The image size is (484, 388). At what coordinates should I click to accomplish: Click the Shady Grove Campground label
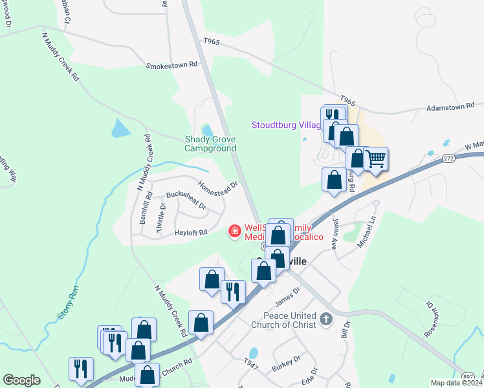210,144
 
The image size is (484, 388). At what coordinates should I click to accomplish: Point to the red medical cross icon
234,231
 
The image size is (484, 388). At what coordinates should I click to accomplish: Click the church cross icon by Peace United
326,319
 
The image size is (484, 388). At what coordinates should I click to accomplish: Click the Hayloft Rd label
191,232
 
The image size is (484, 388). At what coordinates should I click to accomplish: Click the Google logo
21,380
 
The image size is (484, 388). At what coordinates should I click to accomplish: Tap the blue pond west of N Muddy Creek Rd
120,129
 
